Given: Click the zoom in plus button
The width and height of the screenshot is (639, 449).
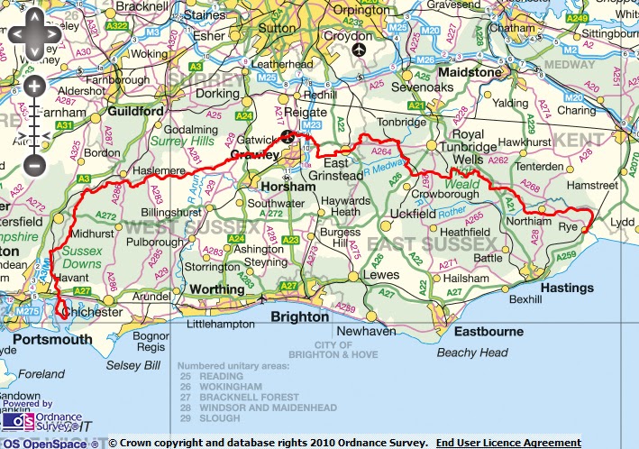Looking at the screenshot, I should click(x=34, y=87).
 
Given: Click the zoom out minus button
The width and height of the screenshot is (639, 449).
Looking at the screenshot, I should click(x=34, y=165).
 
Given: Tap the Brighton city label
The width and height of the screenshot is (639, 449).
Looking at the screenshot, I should click(x=300, y=317).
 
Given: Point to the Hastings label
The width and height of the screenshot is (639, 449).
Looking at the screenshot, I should click(x=567, y=288).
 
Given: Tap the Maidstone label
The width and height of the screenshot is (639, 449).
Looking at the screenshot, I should click(x=469, y=71).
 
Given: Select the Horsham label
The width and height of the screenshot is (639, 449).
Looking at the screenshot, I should click(x=285, y=185).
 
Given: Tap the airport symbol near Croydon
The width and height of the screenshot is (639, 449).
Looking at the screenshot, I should click(x=361, y=48).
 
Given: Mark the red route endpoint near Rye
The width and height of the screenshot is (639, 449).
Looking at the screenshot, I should click(x=584, y=230).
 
